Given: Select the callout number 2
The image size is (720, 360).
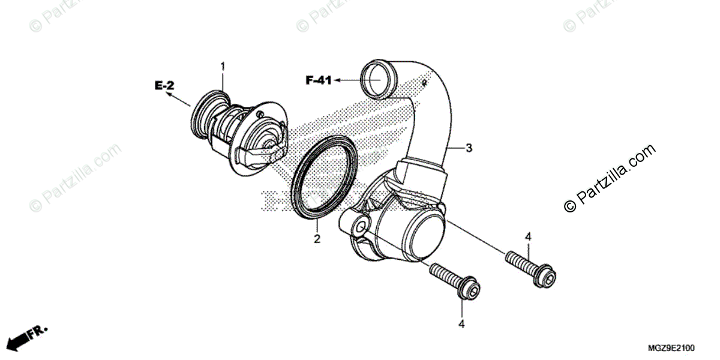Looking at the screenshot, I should [x=317, y=239].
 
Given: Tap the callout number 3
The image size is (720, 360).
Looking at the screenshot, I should [x=469, y=148].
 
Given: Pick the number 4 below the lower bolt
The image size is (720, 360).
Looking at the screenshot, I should [x=461, y=325].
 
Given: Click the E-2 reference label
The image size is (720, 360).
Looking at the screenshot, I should [x=164, y=86].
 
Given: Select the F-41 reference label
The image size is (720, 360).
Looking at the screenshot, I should [x=318, y=80].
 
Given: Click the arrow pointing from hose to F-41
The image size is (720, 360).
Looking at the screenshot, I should [x=347, y=79].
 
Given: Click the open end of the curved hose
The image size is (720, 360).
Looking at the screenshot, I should [x=376, y=78].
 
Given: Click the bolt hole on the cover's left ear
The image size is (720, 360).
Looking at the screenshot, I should [x=359, y=229].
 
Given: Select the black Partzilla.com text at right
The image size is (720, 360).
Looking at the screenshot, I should [x=609, y=178].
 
